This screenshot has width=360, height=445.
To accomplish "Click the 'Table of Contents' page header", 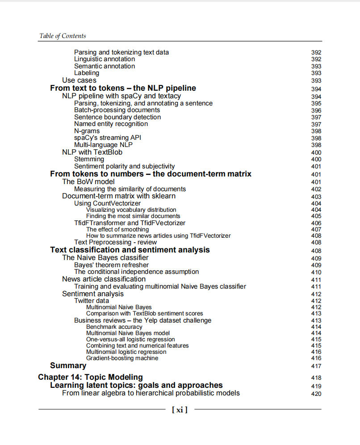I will point(63,36).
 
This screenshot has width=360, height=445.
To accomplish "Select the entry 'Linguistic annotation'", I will point(105,59).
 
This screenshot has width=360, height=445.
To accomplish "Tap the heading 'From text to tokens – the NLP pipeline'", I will point(123,88).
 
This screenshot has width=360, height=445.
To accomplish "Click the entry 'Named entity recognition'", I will point(111,124).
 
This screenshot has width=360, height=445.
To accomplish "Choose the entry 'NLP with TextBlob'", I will point(92,152).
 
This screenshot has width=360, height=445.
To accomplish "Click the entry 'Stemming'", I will point(89,159).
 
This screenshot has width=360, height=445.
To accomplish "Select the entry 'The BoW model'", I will point(88,181).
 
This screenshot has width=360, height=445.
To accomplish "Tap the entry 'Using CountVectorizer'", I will point(107,203).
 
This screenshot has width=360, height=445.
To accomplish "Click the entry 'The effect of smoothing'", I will point(117,229).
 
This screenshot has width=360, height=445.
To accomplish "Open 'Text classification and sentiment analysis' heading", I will point(130,250).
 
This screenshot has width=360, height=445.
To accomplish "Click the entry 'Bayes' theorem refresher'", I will point(111,265).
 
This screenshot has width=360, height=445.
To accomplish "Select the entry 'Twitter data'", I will point(92,301).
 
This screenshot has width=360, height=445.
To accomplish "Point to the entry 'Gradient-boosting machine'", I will point(122,358).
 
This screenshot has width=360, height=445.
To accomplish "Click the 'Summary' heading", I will point(68,365).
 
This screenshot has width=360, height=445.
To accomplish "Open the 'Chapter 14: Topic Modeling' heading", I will point(90,377).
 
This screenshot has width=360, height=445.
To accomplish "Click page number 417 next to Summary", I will point(316,366).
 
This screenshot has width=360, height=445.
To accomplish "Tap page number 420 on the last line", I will point(316,394).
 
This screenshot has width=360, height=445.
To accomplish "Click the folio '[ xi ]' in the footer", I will point(180,409).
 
